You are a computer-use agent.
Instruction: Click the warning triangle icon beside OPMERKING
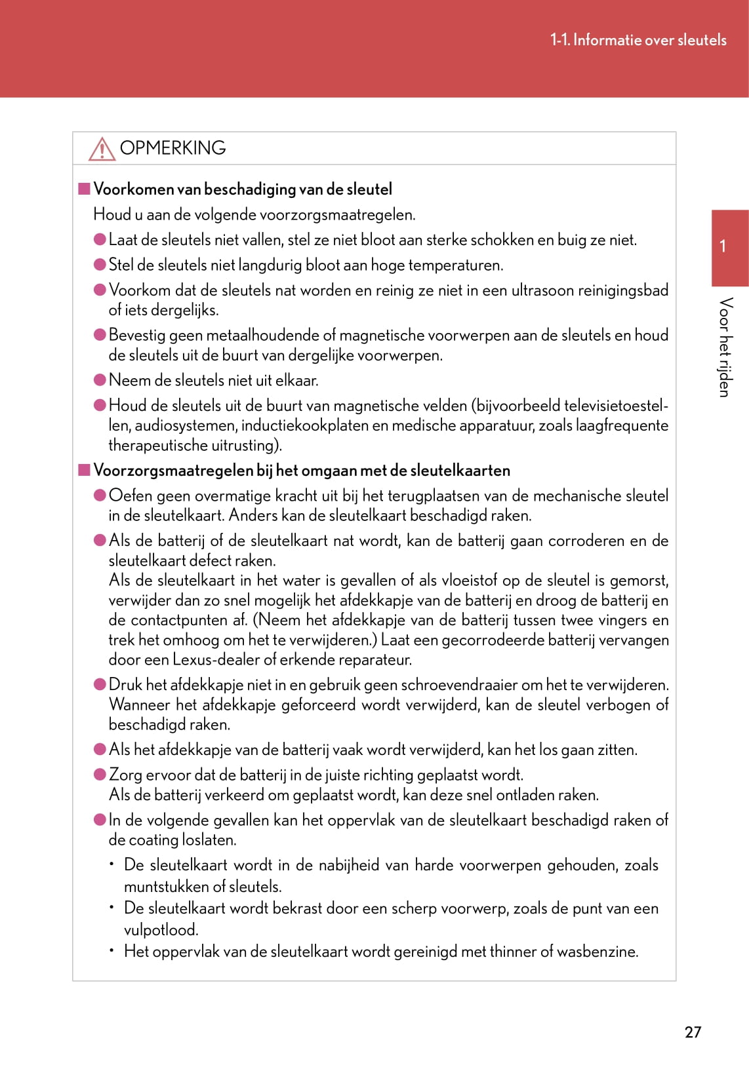click(102, 149)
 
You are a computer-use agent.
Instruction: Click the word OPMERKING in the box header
click(172, 148)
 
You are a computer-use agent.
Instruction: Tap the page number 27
click(693, 1032)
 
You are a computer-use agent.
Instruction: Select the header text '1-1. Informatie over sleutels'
click(638, 40)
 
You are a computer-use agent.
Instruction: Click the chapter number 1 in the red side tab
click(723, 246)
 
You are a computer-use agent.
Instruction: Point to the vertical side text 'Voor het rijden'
click(725, 347)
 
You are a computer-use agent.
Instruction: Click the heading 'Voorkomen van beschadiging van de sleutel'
click(243, 189)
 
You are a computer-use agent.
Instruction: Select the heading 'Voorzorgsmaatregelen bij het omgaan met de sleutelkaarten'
click(302, 471)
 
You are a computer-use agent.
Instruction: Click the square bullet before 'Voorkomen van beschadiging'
click(84, 189)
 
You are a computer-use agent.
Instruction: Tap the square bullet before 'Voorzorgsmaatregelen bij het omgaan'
click(84, 470)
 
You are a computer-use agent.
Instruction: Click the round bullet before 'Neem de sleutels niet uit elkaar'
click(100, 380)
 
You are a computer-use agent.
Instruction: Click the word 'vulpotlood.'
click(161, 930)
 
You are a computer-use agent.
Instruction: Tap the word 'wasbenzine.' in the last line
click(597, 952)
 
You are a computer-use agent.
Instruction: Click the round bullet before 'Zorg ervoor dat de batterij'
click(100, 775)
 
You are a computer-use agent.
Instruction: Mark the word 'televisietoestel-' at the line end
click(616, 406)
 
